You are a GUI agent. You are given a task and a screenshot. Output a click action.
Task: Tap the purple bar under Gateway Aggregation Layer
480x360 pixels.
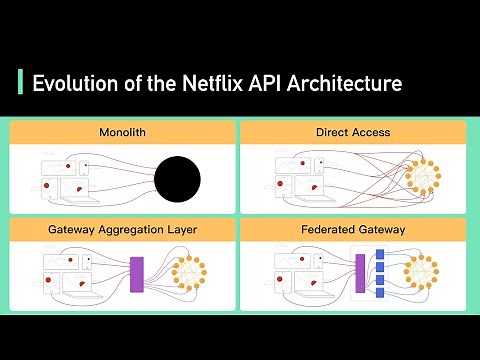[137, 274]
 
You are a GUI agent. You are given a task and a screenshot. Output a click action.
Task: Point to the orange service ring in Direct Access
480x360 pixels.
[426, 178]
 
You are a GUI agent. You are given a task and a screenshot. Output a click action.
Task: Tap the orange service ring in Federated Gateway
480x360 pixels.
[421, 274]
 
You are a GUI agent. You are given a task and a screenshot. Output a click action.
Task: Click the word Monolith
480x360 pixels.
[122, 132]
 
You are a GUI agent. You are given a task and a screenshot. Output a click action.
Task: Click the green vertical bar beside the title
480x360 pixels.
[20, 82]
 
